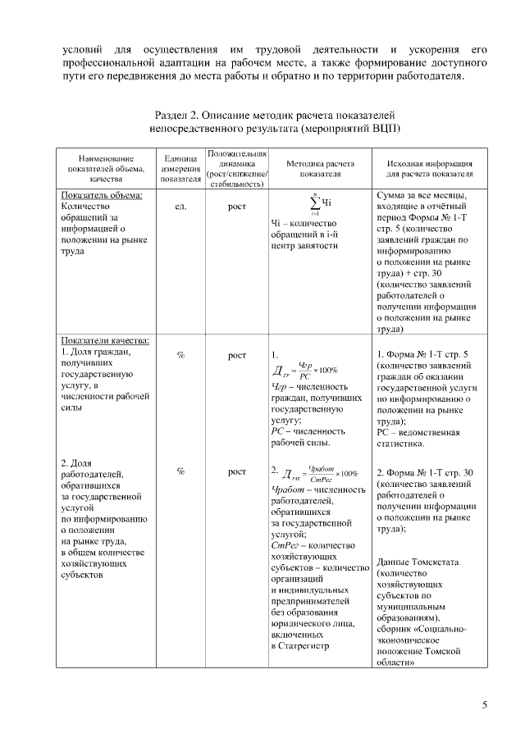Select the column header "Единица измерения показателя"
point(180,167)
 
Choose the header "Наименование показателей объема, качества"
point(106,167)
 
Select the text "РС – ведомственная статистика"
point(418,438)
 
